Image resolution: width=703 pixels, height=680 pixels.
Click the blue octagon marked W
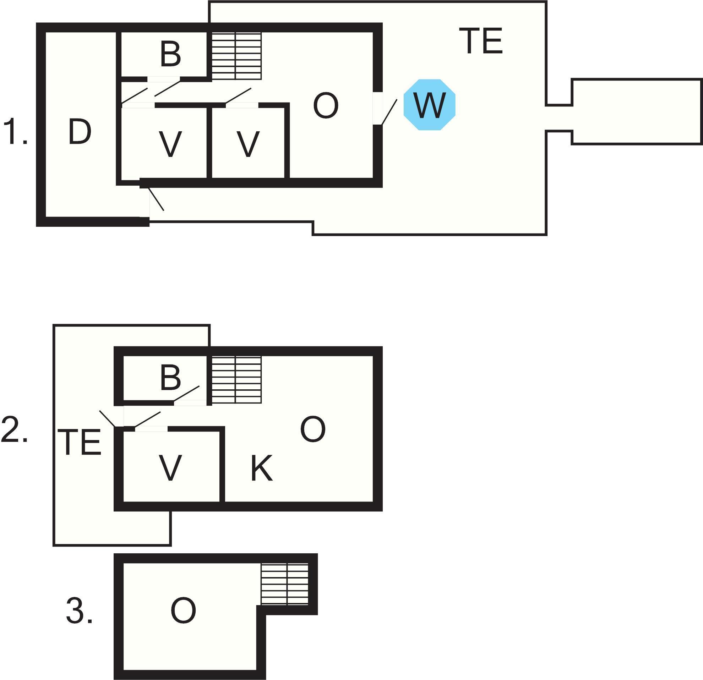pyautogui.click(x=429, y=104)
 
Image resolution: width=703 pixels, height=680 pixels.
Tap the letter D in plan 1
pyautogui.click(x=80, y=132)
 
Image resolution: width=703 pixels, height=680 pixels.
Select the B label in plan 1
pyautogui.click(x=170, y=55)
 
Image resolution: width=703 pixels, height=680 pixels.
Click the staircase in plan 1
pyautogui.click(x=236, y=56)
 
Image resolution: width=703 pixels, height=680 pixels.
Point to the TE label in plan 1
pyautogui.click(x=481, y=41)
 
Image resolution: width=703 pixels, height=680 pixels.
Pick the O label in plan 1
pyautogui.click(x=326, y=105)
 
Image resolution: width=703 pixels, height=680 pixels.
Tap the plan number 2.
pyautogui.click(x=14, y=429)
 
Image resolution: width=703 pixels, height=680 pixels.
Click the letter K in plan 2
pyautogui.click(x=261, y=468)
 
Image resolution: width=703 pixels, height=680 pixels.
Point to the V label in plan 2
pyautogui.click(x=170, y=468)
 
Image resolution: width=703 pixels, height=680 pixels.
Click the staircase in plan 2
pyautogui.click(x=236, y=380)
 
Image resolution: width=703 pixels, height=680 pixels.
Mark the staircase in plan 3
pyautogui.click(x=284, y=584)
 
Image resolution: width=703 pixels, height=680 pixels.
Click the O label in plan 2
pyautogui.click(x=313, y=429)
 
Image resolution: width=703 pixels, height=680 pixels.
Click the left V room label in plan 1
pyautogui.click(x=170, y=144)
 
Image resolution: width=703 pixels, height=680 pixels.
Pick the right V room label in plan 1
pyautogui.click(x=248, y=144)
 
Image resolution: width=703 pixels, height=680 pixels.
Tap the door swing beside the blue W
pyautogui.click(x=389, y=112)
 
